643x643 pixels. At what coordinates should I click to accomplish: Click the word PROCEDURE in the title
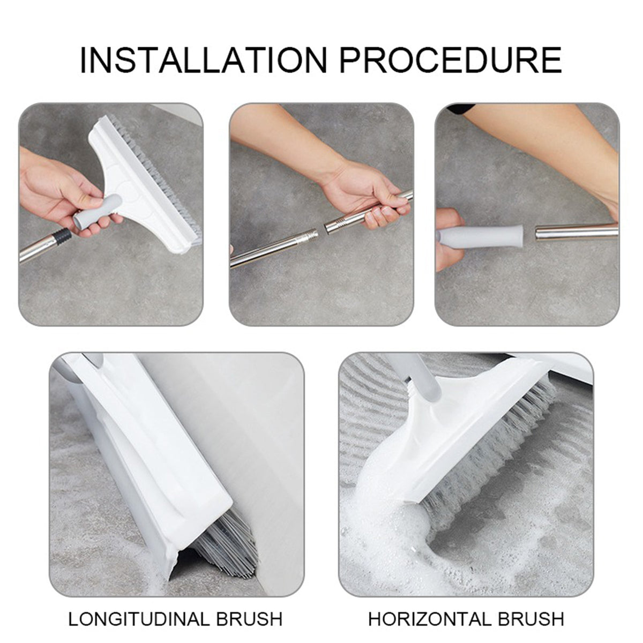451,60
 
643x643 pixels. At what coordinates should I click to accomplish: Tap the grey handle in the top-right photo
482,236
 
